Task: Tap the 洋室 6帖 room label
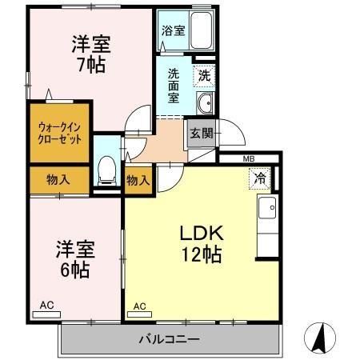72,258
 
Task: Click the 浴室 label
172,31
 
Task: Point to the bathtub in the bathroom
199,33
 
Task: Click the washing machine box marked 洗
205,76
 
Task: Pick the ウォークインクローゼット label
58,133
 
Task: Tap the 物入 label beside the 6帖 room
58,180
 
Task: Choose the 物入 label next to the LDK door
138,180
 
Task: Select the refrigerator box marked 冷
260,178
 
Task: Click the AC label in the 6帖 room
48,306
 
